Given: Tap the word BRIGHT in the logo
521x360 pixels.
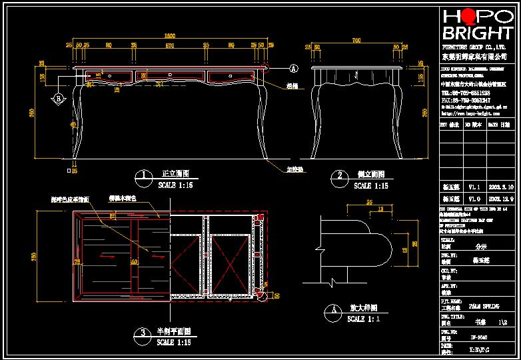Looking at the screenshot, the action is [478, 33].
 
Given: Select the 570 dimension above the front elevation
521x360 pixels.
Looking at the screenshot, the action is [169, 45].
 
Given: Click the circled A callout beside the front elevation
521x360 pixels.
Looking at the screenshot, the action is [293, 68].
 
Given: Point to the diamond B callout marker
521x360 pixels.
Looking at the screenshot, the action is [58, 99].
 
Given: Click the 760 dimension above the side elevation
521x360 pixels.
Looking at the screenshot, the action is [356, 41].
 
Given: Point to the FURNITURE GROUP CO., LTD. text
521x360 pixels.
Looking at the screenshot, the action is [474, 48].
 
